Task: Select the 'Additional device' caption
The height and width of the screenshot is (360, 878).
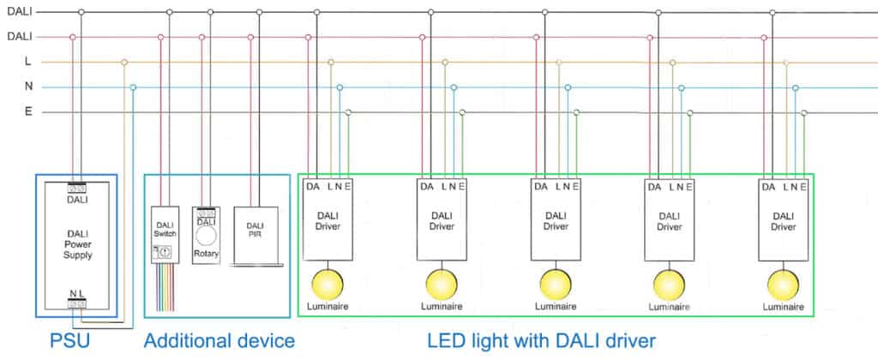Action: click(219, 340)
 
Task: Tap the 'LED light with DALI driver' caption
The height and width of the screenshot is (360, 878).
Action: click(542, 340)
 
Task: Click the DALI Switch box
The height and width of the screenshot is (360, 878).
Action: click(165, 234)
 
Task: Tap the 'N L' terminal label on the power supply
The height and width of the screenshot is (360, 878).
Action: click(77, 293)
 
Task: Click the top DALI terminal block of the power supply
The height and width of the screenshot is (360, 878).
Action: click(77, 188)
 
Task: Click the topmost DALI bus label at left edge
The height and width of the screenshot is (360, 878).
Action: click(19, 12)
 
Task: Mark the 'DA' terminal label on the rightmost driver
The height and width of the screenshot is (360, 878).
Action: click(768, 186)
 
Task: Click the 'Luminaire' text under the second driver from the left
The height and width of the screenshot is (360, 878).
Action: click(441, 306)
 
